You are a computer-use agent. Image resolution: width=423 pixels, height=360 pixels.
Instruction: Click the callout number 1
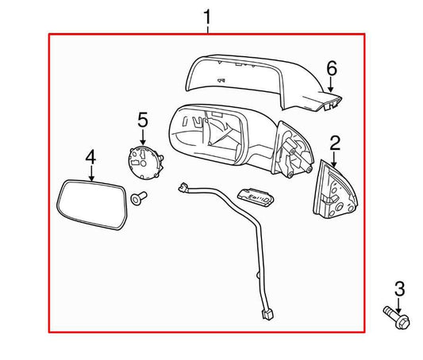208,16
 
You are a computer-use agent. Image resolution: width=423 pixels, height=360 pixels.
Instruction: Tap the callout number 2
335,143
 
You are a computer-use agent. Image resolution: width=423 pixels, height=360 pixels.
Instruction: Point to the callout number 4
91,158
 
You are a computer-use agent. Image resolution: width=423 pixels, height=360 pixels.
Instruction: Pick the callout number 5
143,120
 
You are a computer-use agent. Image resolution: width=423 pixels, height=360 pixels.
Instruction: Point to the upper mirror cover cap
254,79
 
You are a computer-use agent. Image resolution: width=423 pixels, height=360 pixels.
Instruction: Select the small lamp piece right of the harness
256,197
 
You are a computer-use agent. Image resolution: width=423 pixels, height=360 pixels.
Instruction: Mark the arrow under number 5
143,136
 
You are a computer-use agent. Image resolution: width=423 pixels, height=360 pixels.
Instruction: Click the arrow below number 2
335,159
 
